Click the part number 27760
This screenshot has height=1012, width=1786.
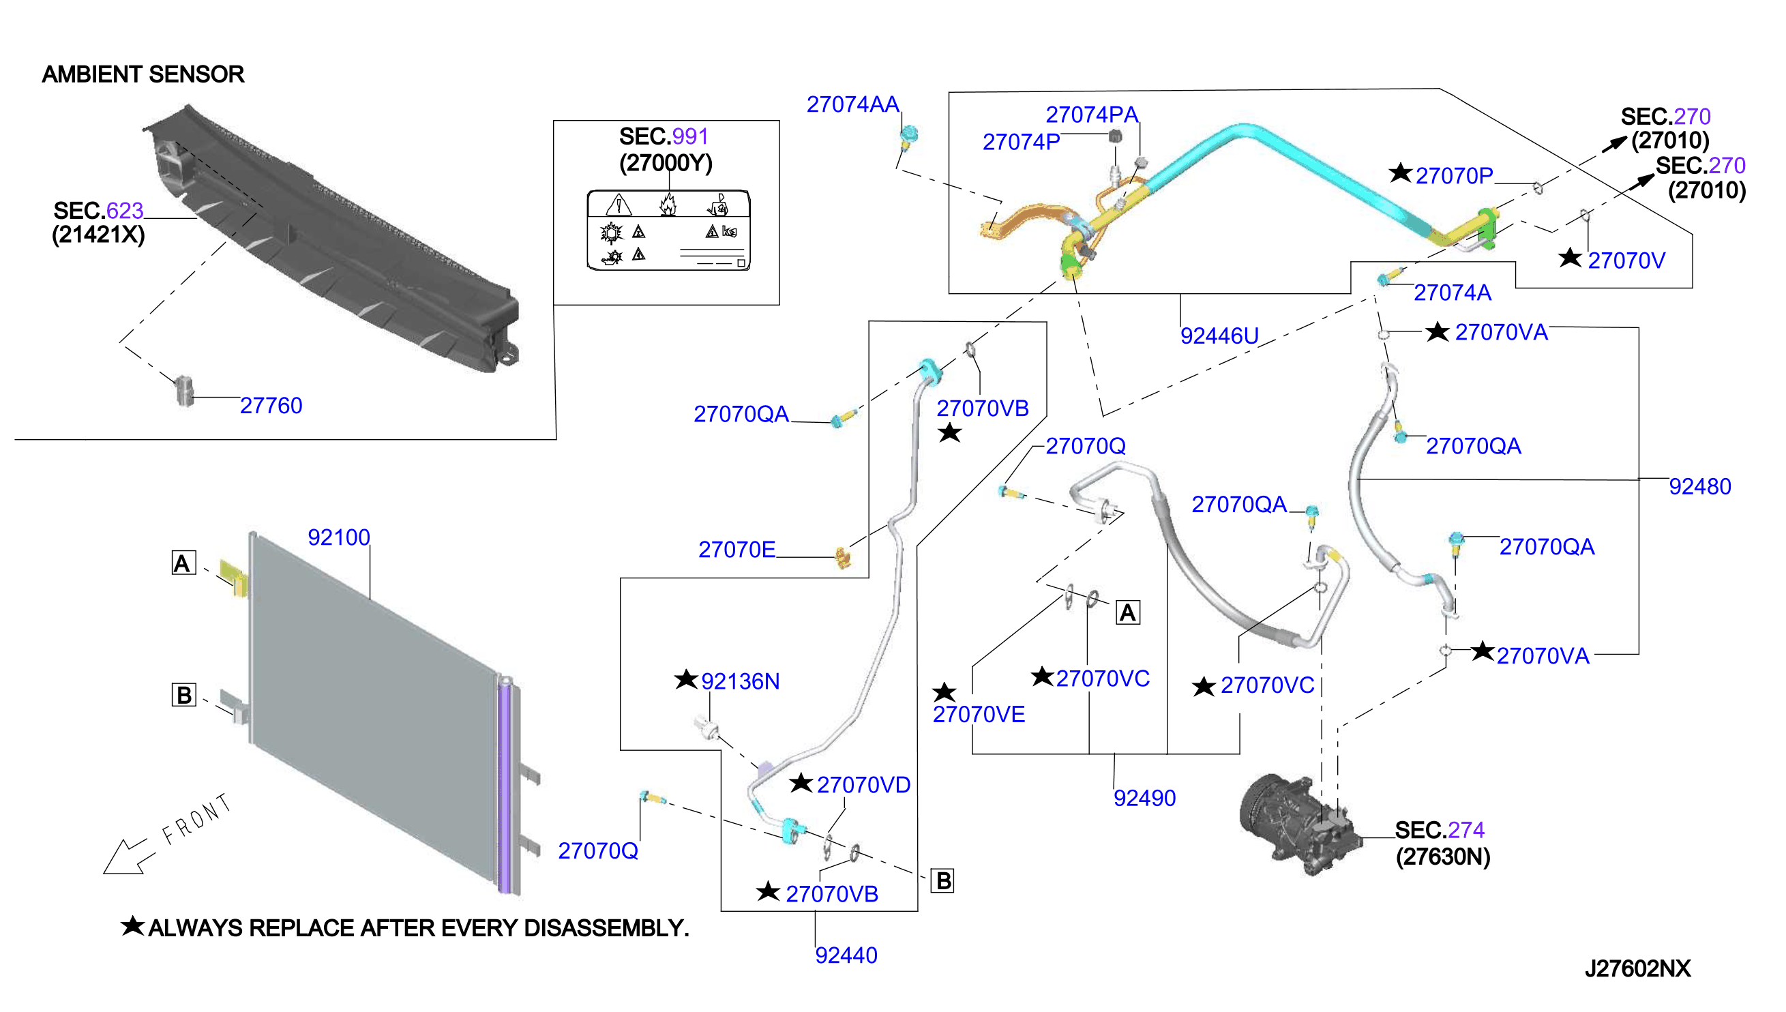pyautogui.click(x=271, y=405)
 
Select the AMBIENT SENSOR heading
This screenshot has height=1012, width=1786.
pyautogui.click(x=143, y=74)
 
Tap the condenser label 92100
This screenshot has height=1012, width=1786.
pyautogui.click(x=338, y=537)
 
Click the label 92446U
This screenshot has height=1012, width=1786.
pyautogui.click(x=1219, y=336)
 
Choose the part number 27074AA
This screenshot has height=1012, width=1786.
pyautogui.click(x=852, y=104)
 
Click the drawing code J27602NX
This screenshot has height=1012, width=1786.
pyautogui.click(x=1637, y=968)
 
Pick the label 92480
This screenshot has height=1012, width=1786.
pyautogui.click(x=1700, y=486)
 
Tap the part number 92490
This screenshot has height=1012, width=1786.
pyautogui.click(x=1144, y=798)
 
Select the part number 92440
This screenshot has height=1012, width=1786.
pyautogui.click(x=846, y=955)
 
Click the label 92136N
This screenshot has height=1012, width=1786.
pyautogui.click(x=740, y=681)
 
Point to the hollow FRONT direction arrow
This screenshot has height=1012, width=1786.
pyautogui.click(x=125, y=857)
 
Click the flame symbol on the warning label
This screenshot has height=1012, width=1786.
pyautogui.click(x=668, y=205)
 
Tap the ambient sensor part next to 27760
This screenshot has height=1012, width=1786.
pyautogui.click(x=184, y=391)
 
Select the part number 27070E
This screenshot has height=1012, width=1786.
pyautogui.click(x=736, y=550)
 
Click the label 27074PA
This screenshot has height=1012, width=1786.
pyautogui.click(x=1092, y=115)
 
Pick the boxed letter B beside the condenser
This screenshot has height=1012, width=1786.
pyautogui.click(x=184, y=695)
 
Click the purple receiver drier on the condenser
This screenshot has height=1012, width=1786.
pyautogui.click(x=505, y=786)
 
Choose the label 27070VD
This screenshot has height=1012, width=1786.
pyautogui.click(x=863, y=785)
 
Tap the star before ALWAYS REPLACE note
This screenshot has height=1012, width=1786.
pyautogui.click(x=133, y=926)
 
